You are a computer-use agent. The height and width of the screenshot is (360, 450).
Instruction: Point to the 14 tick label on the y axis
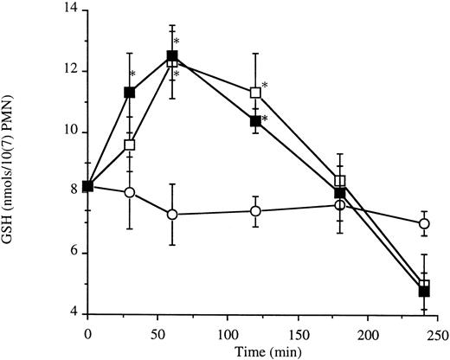(68, 10)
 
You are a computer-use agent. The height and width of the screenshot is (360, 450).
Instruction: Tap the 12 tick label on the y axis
(68, 71)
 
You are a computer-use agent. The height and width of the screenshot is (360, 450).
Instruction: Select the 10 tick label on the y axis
(68, 132)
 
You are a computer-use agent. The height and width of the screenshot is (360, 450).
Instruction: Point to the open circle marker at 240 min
(424, 223)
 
